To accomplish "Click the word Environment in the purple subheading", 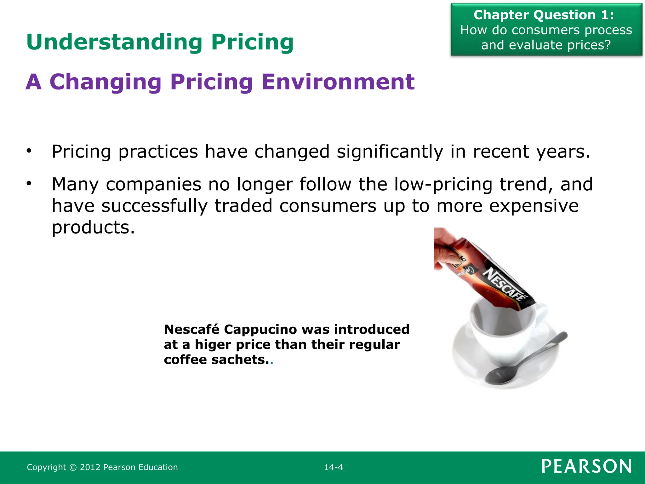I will tap(338, 82).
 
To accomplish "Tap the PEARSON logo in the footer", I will tap(586, 466).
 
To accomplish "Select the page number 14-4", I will tap(334, 467).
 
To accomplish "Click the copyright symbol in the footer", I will tap(73, 467).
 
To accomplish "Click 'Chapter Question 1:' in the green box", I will tap(544, 15).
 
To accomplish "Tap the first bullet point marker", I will tap(29, 151).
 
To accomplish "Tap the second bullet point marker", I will tap(29, 183).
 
